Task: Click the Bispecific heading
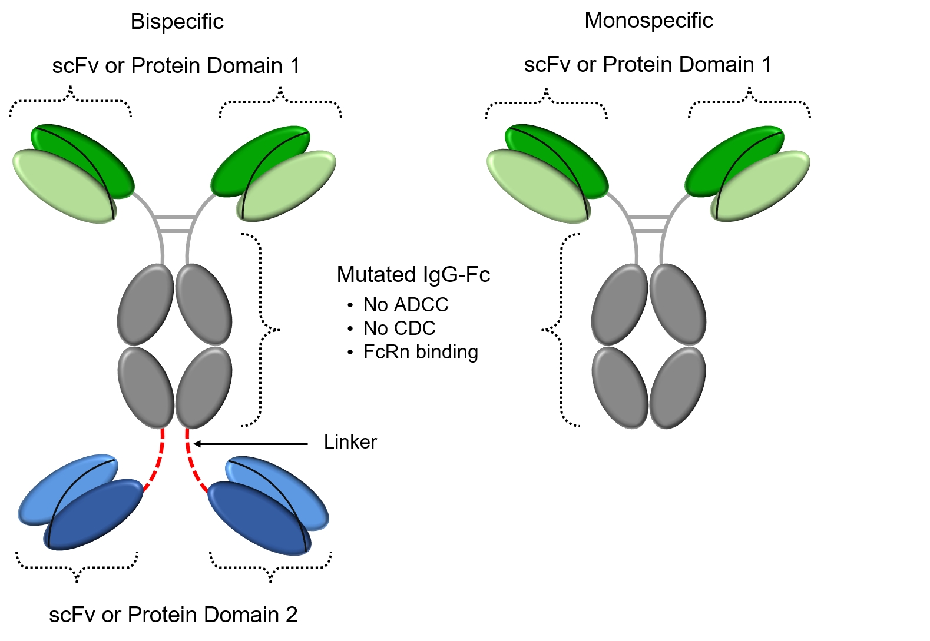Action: (177, 22)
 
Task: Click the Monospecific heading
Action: (648, 21)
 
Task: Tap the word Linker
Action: (350, 442)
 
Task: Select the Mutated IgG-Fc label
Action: (413, 275)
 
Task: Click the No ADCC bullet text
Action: (406, 305)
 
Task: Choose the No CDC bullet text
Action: (399, 328)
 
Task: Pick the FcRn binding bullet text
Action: (421, 352)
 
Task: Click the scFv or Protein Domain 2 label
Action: (173, 615)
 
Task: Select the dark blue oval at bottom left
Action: (94, 515)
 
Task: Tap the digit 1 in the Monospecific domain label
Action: (766, 65)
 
